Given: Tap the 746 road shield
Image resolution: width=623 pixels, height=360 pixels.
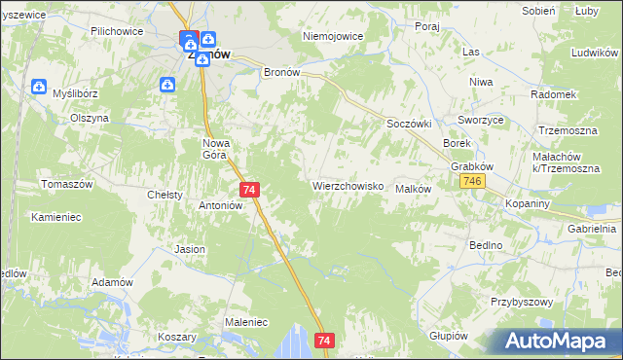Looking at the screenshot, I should coord(474,183).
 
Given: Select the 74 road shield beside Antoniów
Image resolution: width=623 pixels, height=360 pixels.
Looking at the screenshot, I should coord(249,190).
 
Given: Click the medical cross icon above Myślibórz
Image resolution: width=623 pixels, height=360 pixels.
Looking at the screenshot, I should coord(39,87).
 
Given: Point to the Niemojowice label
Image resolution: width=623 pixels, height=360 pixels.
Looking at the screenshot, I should coord(333,36).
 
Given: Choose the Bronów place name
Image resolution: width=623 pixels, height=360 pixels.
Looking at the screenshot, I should coord(285,72).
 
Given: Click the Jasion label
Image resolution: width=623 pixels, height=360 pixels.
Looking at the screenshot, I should coord(190,249).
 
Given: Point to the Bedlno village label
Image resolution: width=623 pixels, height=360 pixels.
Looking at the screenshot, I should coord(484,245).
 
